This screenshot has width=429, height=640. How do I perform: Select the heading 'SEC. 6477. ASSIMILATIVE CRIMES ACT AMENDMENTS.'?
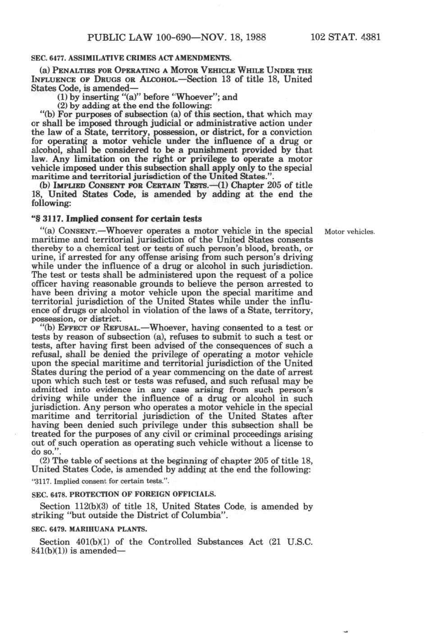pos(131,58)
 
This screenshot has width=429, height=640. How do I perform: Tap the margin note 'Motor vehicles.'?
pos(350,232)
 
